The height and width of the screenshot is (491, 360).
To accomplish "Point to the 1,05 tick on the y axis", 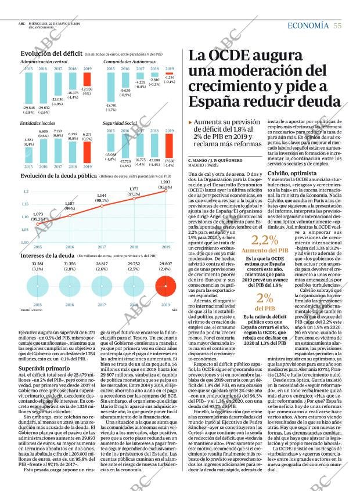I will point(26,230).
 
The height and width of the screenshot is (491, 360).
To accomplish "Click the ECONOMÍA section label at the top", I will point(308,25).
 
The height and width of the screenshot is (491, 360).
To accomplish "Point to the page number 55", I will point(337,25).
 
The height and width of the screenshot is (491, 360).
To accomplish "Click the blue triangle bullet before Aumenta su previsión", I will point(191,123).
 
